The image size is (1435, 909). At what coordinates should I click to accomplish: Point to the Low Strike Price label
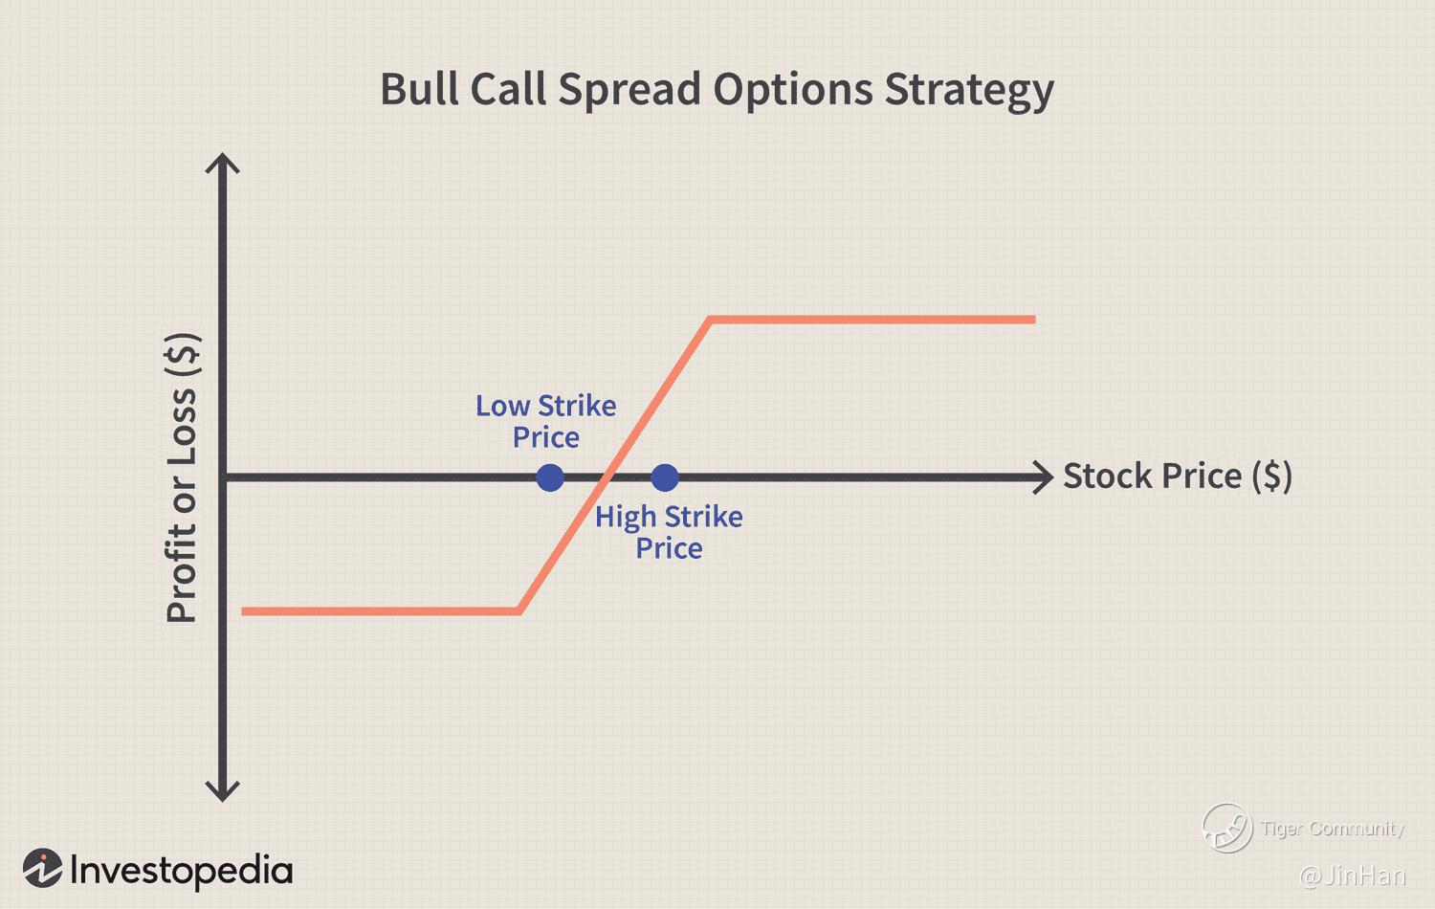point(546,422)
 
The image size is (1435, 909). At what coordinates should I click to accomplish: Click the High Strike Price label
point(669,532)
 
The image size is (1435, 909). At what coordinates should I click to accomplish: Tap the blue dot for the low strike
point(550,477)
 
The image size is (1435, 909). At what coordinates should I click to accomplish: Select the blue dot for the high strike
point(664,477)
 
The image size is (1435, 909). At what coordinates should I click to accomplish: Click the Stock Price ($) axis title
point(1178,476)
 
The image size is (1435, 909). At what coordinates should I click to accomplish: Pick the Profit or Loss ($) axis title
point(183,477)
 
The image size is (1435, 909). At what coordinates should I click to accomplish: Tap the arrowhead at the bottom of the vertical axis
point(222,792)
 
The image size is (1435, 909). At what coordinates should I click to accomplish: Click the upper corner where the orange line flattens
point(710,319)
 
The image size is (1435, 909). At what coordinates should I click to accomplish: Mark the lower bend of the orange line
point(519,611)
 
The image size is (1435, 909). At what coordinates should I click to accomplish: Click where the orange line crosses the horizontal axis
point(607,477)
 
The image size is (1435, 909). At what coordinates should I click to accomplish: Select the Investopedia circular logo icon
point(43,869)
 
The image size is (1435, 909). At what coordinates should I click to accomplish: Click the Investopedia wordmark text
point(182,871)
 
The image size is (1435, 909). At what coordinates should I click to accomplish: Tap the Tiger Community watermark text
point(1333,829)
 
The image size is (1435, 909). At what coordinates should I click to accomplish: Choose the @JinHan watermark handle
point(1353,876)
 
